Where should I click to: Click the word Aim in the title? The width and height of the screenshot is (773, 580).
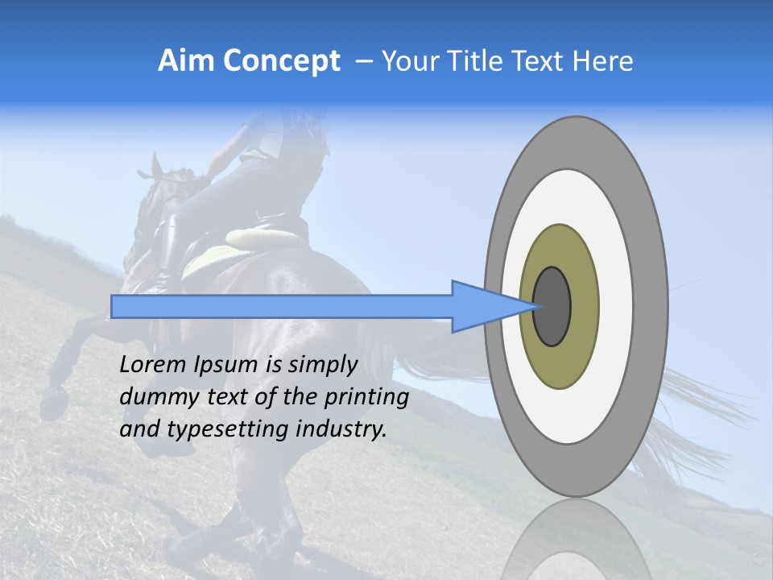187,61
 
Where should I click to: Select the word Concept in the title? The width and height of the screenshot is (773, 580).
280,61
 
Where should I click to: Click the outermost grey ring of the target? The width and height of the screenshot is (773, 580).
652,307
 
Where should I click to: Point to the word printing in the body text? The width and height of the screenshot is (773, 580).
366,398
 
